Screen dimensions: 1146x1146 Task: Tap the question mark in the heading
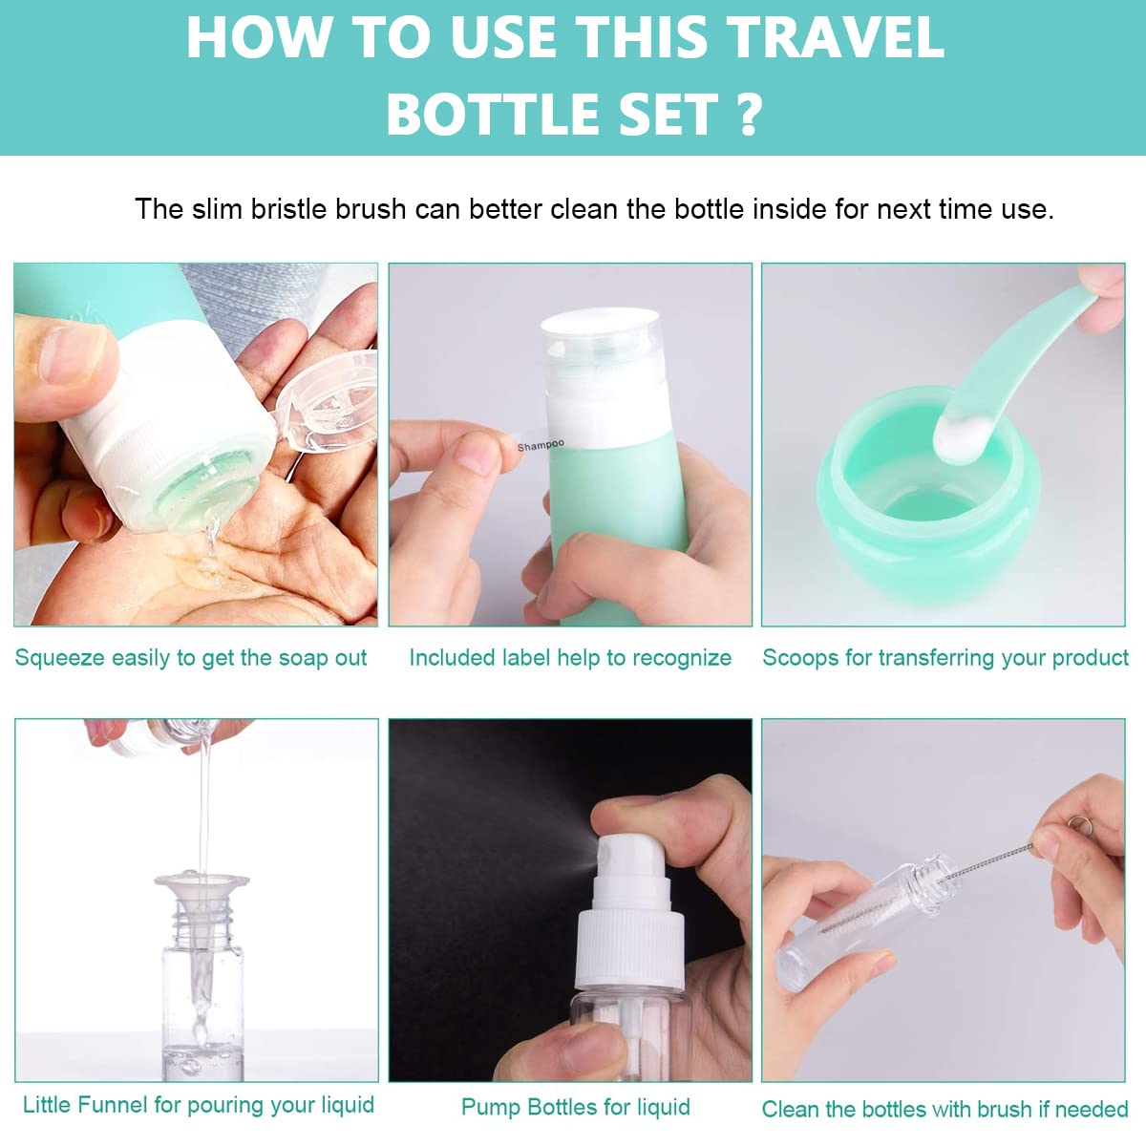pos(750,115)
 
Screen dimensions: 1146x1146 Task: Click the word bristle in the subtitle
pos(289,209)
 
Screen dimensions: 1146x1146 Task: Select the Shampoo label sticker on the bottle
pos(541,445)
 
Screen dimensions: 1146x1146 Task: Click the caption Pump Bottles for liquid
pos(575,1107)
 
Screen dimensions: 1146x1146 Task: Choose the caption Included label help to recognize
pos(570,658)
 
